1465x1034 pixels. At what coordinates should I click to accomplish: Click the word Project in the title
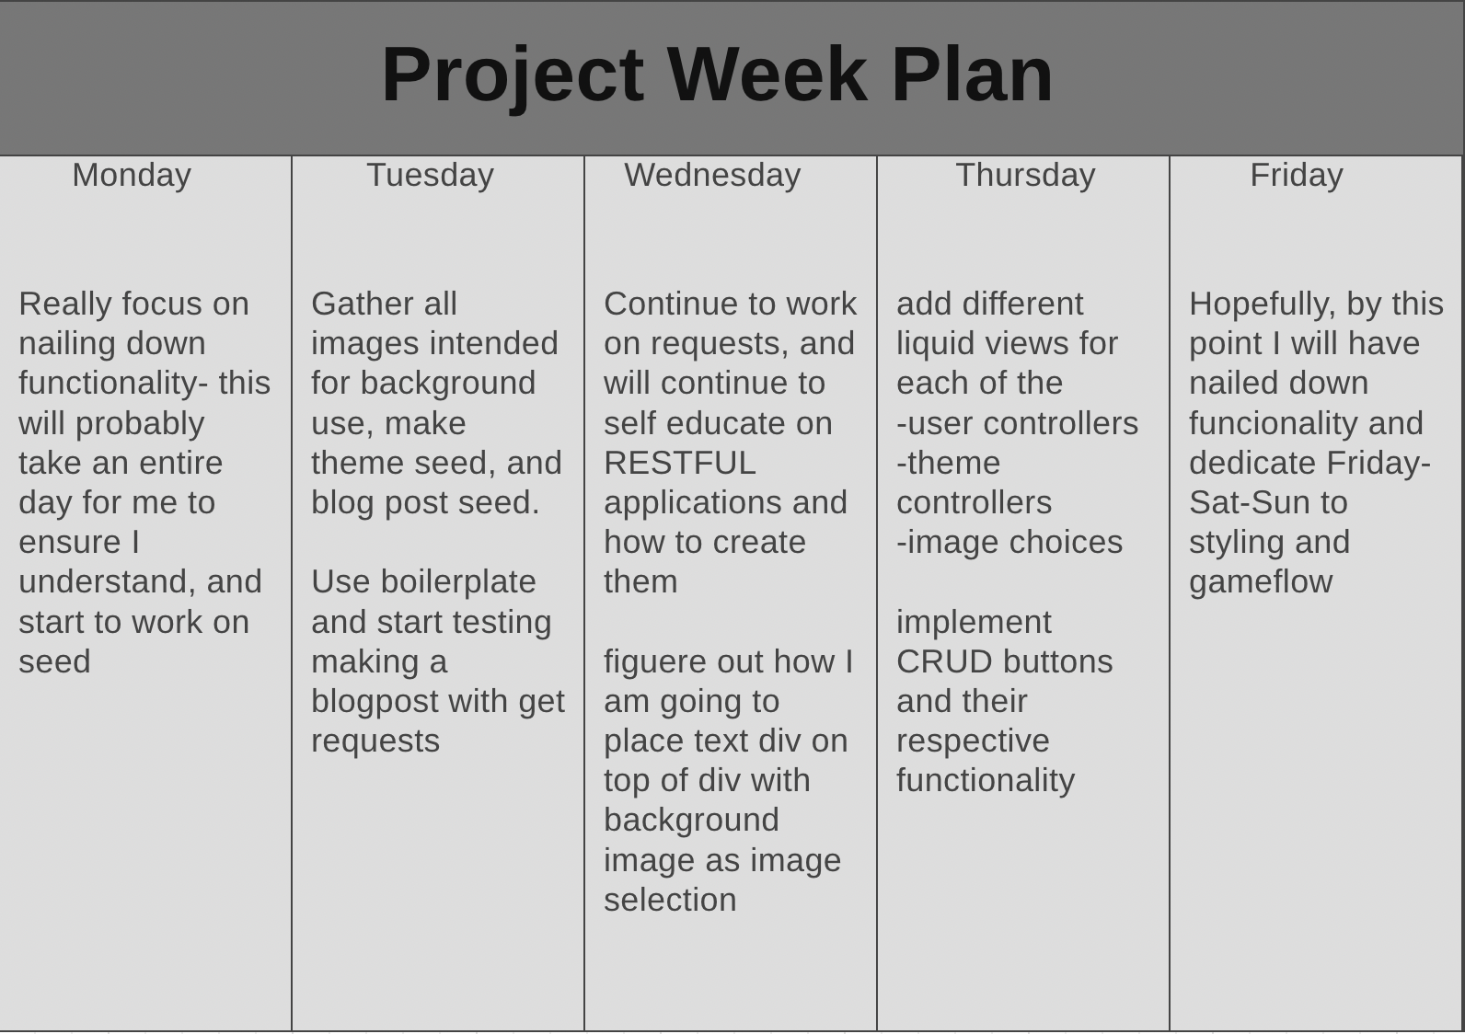point(512,75)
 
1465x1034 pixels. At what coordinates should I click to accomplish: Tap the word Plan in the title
point(972,75)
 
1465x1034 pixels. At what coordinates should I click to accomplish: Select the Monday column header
point(132,175)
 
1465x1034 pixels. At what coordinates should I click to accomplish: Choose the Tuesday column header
point(430,175)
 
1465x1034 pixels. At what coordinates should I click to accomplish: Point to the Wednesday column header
point(712,175)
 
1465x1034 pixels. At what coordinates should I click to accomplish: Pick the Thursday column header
point(1025,175)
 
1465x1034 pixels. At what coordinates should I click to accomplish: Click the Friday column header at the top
point(1296,175)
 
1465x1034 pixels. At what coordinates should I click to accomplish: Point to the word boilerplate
point(457,582)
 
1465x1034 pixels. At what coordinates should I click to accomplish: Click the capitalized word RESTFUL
point(679,463)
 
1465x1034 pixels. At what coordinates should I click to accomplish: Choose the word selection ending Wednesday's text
point(670,900)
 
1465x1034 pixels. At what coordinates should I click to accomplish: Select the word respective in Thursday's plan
point(973,741)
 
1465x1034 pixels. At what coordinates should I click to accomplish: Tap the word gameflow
point(1260,582)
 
